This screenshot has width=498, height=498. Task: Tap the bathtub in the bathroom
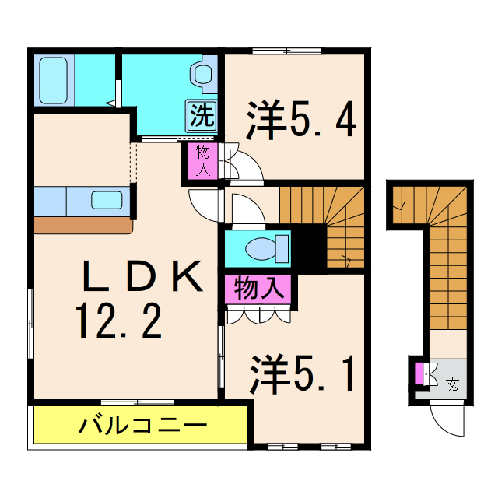[x=54, y=80]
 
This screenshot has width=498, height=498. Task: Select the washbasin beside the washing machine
[x=203, y=75]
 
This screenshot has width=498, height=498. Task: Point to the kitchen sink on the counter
[x=106, y=200]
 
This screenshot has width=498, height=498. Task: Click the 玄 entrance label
[x=452, y=382]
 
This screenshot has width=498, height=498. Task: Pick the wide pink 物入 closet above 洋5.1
[x=258, y=289]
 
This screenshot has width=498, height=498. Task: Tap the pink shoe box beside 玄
[x=419, y=373]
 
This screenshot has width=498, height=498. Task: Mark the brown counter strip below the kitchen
[x=82, y=225]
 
